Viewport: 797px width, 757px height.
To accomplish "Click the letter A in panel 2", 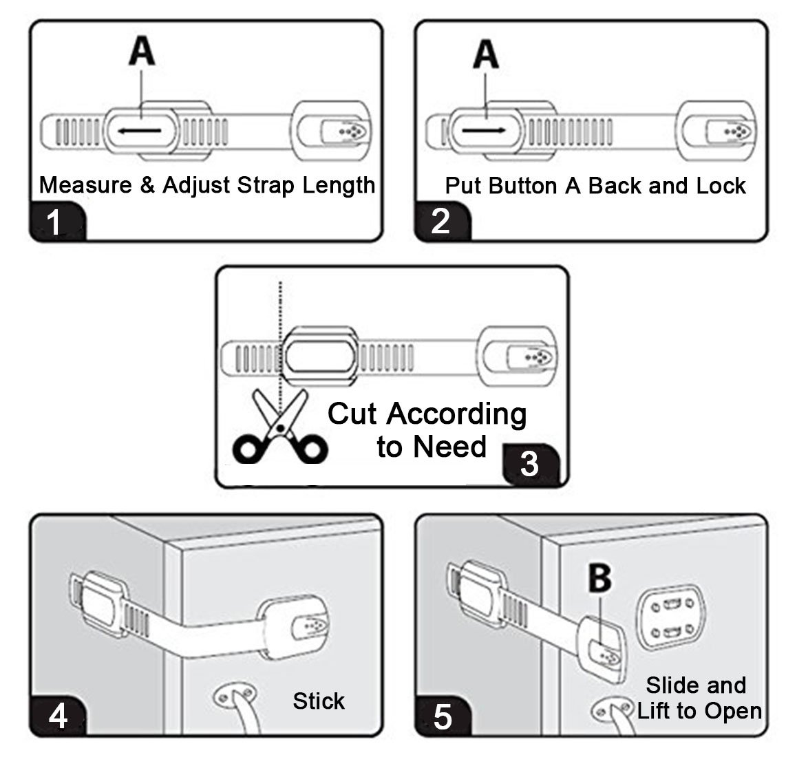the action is pyautogui.click(x=486, y=54).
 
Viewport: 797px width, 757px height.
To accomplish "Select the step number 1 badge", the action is pyautogui.click(x=57, y=221).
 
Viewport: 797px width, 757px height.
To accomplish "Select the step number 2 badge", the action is pyautogui.click(x=443, y=221).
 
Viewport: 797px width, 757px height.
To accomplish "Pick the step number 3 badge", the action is pyautogui.click(x=531, y=464).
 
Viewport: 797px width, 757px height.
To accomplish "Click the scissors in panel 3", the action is pyautogui.click(x=280, y=426).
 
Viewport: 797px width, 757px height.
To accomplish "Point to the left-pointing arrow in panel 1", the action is pyautogui.click(x=140, y=131).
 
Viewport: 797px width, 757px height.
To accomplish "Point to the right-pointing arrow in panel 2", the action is pyautogui.click(x=484, y=130).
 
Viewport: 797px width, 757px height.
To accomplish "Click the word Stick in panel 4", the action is pyautogui.click(x=319, y=701).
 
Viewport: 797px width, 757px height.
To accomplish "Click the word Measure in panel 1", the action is pyautogui.click(x=85, y=184).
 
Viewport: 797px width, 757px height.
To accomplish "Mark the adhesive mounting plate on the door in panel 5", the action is pyautogui.click(x=672, y=617).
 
